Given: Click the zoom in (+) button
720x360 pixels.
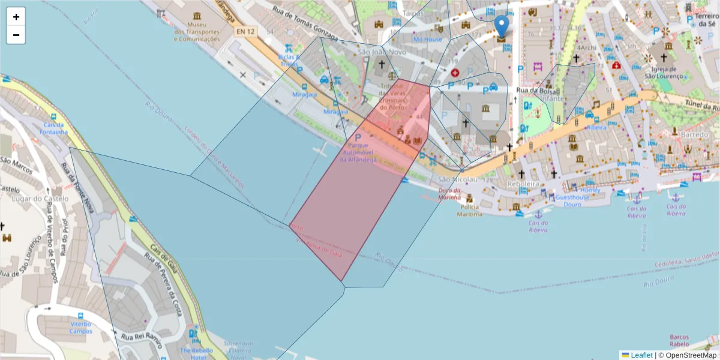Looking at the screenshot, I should point(16,17).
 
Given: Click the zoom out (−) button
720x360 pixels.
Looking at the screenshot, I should point(16,35).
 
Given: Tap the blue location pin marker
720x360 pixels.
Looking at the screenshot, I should point(501,27).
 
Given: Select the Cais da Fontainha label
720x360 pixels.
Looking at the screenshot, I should point(53,128).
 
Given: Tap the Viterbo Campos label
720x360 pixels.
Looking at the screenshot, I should point(80,327).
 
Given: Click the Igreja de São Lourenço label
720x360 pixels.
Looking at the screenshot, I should point(664,72).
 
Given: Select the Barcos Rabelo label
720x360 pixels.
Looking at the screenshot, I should point(679,340).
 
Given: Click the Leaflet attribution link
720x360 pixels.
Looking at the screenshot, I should point(641,355).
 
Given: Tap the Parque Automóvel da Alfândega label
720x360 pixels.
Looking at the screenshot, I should point(359,152).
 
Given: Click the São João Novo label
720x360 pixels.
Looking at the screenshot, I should point(382,52).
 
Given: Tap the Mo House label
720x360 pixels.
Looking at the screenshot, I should point(427,40).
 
